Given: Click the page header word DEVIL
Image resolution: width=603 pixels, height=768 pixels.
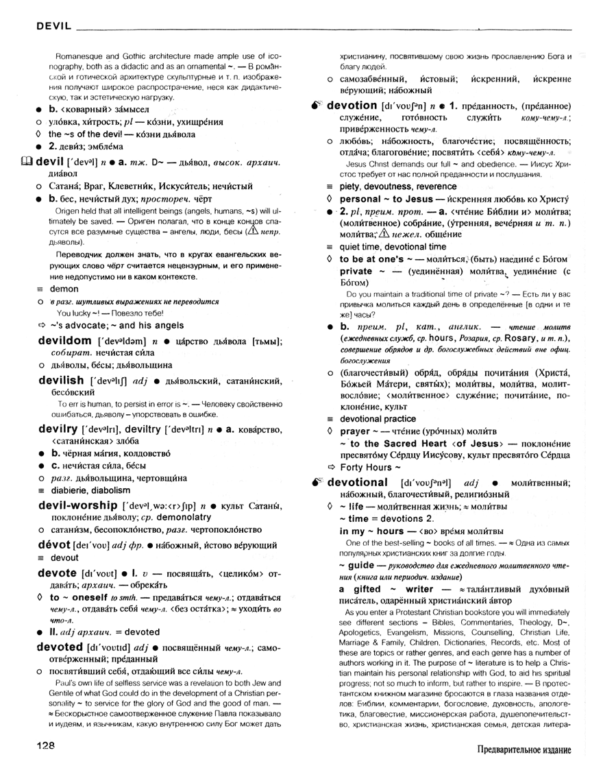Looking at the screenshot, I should pos(47,26).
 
